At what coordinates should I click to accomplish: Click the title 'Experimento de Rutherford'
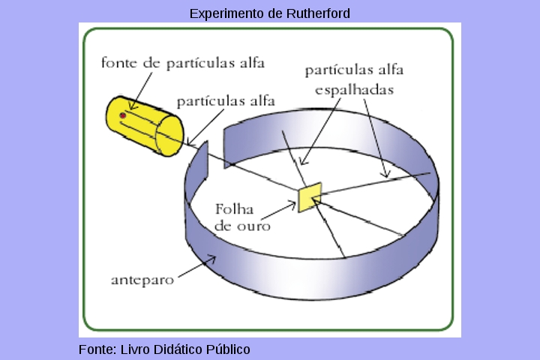coord(269,13)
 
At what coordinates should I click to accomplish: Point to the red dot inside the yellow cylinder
coord(123,116)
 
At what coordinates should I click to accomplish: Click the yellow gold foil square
coord(310,196)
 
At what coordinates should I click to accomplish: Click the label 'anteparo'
coord(142,280)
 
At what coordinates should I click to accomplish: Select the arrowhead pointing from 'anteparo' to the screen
coord(214,259)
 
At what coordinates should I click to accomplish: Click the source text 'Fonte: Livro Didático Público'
coord(164,349)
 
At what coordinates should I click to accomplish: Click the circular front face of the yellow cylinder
coord(166,136)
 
